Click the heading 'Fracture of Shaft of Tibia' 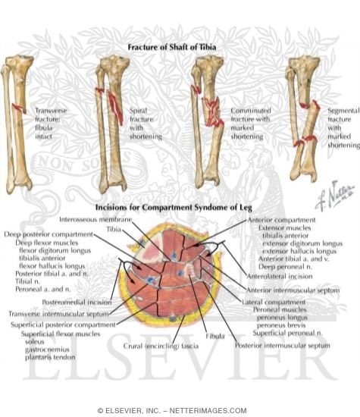pyautogui.click(x=180, y=47)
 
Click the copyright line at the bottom pyautogui.click(x=180, y=410)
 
